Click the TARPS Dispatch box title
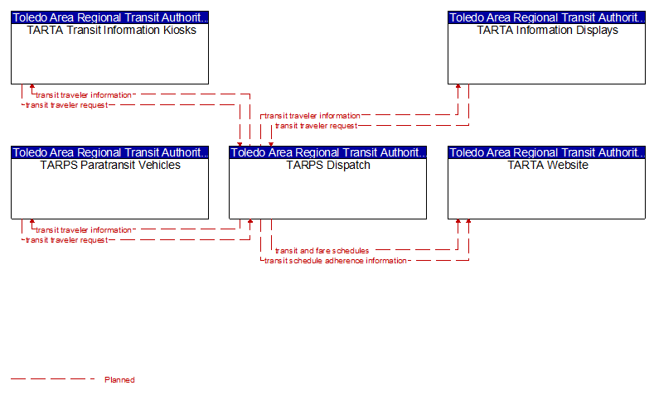(x=328, y=165)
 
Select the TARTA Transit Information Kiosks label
(x=111, y=30)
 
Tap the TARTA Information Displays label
(x=547, y=30)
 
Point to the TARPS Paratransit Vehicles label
(x=110, y=165)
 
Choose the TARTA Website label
(x=548, y=165)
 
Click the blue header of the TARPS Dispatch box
(x=328, y=152)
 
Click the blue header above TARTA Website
(x=546, y=152)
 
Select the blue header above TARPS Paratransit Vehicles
(x=109, y=152)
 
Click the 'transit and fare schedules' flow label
(x=322, y=250)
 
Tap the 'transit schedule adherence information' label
(x=336, y=261)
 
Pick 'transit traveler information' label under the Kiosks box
(x=84, y=95)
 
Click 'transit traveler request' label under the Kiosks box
(x=67, y=105)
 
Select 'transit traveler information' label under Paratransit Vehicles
(x=84, y=230)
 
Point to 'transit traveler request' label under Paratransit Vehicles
(x=67, y=240)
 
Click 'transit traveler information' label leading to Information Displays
(x=312, y=116)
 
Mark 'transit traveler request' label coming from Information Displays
(x=316, y=126)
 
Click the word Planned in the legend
(x=119, y=379)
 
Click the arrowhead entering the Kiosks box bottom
(x=32, y=87)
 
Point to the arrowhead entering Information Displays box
(x=458, y=87)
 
